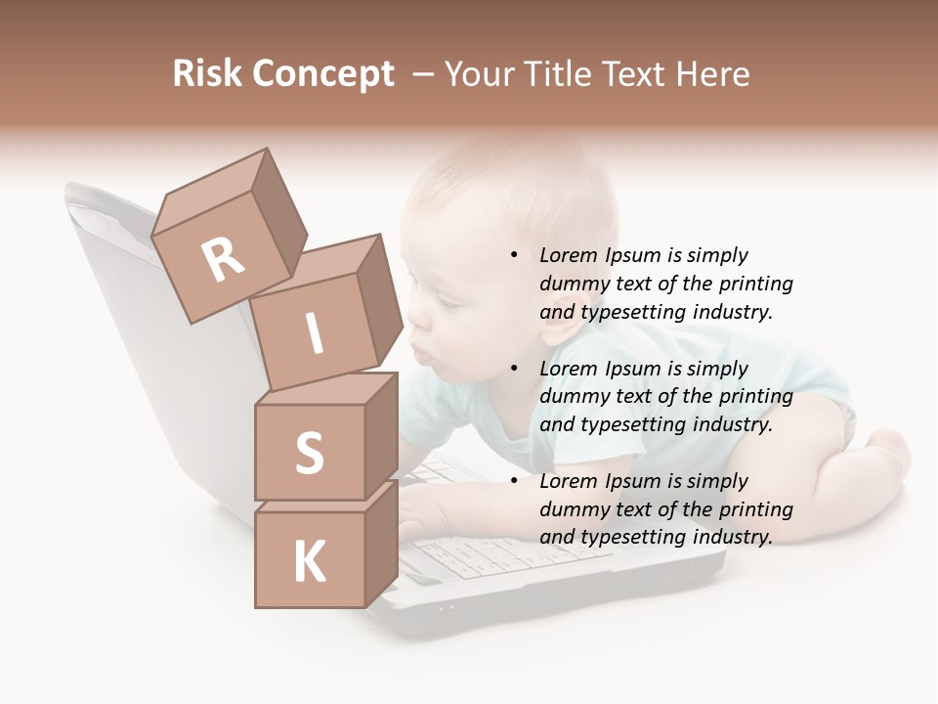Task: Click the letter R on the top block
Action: tap(224, 259)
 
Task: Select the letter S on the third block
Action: tap(309, 453)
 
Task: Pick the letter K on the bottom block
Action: tap(310, 562)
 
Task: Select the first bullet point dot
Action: tap(514, 256)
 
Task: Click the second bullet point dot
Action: tap(514, 369)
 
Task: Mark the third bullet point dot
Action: tap(514, 481)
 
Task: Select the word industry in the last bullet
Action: tap(732, 537)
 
